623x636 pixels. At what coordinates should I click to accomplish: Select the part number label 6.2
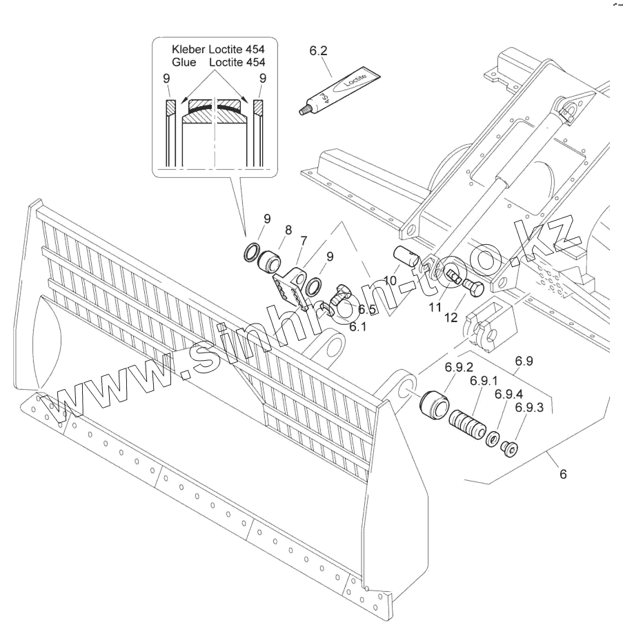[319, 51]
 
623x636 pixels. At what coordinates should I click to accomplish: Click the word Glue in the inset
[184, 62]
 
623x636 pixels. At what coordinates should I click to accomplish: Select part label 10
[390, 281]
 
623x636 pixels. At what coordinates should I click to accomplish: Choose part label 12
[451, 317]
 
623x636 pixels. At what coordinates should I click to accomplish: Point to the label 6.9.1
[485, 381]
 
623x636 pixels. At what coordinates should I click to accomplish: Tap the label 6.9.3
[529, 408]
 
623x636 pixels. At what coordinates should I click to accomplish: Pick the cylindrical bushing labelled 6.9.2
[433, 405]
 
